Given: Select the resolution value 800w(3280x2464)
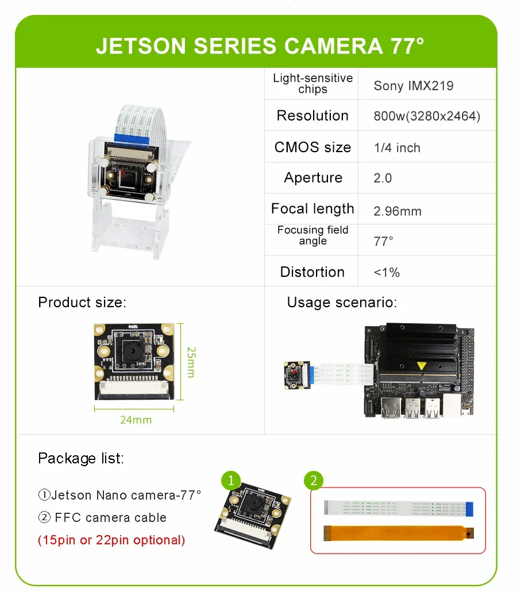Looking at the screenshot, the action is tap(427, 116).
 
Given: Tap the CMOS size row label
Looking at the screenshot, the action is tap(312, 147).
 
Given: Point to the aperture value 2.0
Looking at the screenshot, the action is tap(383, 178).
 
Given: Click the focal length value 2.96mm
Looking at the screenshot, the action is tap(398, 211).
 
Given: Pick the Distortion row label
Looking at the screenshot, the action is tap(312, 272).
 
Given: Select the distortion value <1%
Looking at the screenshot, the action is tap(387, 272).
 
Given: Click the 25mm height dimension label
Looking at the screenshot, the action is tap(191, 362).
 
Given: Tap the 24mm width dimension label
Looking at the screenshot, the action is tap(136, 420).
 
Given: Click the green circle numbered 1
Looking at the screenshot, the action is tap(231, 481).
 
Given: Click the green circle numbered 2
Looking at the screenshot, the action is tap(314, 481).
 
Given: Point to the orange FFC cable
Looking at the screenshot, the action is tap(399, 533).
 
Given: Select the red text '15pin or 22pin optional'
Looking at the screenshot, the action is tap(111, 540).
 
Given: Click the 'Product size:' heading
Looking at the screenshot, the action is tap(82, 302).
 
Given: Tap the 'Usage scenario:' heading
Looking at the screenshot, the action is tap(342, 303).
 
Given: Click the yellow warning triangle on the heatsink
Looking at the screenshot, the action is tap(421, 366).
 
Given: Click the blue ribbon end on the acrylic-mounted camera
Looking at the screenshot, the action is tap(131, 139).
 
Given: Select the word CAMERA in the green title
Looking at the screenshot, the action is tap(333, 45).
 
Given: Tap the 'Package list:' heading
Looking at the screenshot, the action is tap(81, 458).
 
